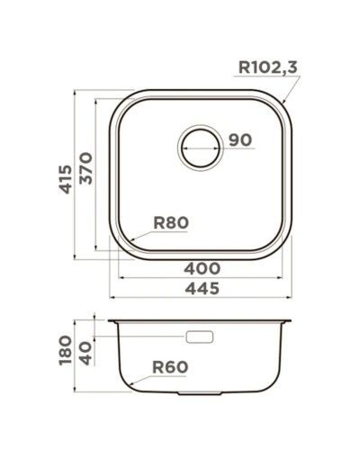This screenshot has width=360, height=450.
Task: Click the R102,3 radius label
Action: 267,66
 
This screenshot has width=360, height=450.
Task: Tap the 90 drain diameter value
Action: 239,140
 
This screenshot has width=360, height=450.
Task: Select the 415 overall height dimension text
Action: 64,175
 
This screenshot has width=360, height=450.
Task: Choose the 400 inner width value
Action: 204,267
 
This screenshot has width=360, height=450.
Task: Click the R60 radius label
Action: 169,367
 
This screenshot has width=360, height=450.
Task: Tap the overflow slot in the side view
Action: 199,337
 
